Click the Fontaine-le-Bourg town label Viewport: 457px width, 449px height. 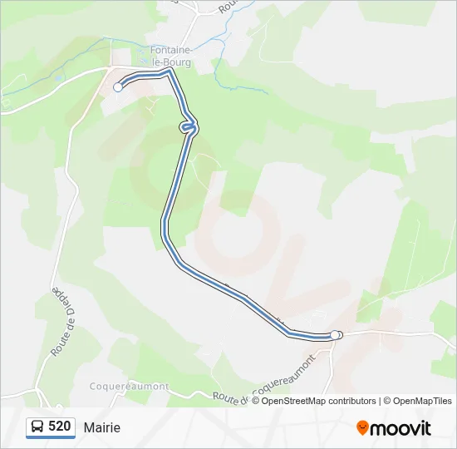171,56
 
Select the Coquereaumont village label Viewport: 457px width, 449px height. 129,387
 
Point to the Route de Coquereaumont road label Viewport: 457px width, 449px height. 264,381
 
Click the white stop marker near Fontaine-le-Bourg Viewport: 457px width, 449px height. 118,86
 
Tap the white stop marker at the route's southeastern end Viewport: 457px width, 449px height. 336,335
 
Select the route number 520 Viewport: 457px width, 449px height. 60,427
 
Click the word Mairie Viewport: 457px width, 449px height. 101,427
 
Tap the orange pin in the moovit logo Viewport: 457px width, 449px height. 362,427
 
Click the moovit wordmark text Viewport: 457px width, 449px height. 400,428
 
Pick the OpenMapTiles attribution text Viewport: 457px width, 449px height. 423,401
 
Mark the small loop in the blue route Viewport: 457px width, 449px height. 189,126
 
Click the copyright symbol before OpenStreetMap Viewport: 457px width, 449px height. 256,401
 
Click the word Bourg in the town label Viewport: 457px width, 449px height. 177,62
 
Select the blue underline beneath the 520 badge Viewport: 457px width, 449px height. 51,437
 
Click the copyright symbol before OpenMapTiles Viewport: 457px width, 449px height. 386,401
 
